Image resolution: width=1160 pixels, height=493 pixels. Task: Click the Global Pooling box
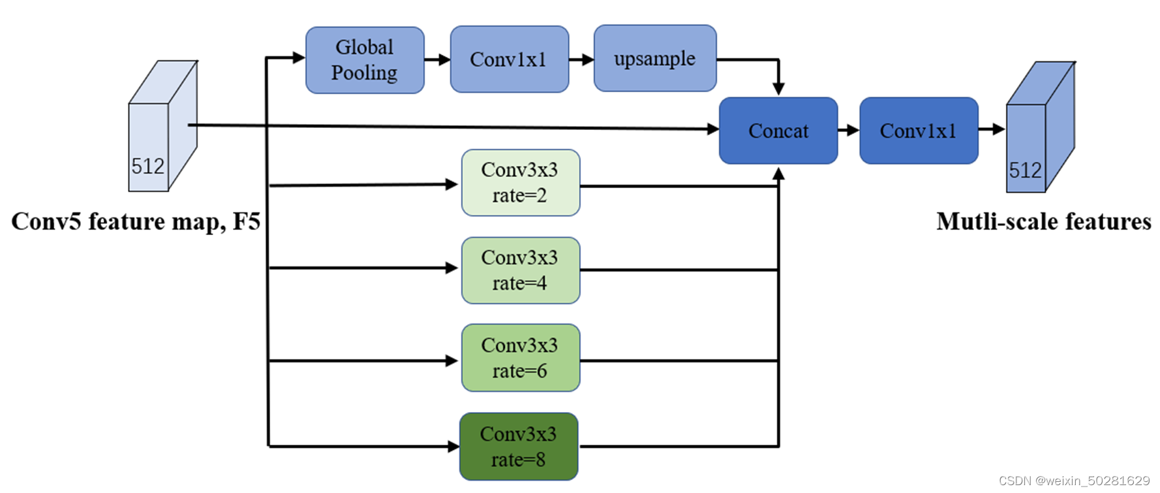365,60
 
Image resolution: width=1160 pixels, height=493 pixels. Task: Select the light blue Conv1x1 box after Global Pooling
509,59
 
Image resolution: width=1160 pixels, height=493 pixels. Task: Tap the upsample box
654,59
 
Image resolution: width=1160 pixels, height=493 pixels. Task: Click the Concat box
778,131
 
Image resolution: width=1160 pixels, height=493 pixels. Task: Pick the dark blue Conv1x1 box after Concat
918,131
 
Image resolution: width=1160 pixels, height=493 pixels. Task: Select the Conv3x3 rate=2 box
520,183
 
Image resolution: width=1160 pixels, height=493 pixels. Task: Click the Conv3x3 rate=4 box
520,270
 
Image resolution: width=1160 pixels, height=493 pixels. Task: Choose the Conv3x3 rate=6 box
520,358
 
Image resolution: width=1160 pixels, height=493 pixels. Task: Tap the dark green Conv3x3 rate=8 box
519,447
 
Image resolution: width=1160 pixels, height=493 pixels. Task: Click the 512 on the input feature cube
148,167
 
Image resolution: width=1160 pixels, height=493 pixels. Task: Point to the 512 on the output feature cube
1025,170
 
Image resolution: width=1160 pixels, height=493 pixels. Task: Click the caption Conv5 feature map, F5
136,221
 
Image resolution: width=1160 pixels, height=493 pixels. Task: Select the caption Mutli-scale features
1043,221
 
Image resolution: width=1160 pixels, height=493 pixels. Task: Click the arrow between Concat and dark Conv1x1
848,130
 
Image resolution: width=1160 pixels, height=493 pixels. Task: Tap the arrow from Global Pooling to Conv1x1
437,60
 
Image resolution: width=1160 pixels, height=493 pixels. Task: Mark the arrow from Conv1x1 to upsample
581,59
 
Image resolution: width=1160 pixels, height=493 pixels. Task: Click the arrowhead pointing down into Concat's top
778,89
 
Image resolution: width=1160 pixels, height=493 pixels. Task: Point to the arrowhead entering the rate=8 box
453,447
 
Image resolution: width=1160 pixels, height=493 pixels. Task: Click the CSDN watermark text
1074,481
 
